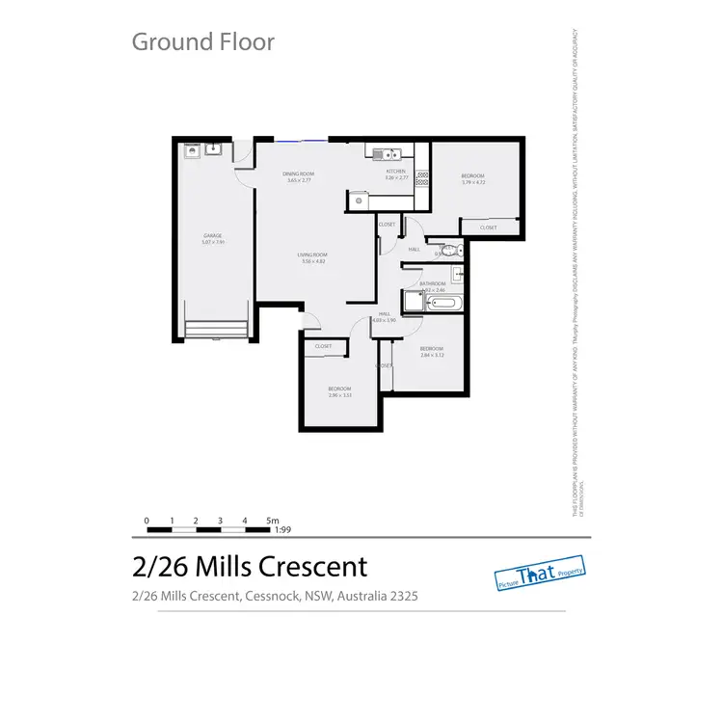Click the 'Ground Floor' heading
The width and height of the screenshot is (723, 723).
(x=202, y=41)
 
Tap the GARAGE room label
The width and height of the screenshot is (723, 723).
(x=213, y=235)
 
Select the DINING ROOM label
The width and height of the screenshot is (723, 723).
(x=298, y=174)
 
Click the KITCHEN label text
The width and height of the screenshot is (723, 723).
(x=397, y=171)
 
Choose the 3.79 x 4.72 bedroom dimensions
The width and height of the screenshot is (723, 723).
(x=472, y=182)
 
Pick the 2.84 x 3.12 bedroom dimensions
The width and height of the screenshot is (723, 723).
(x=431, y=355)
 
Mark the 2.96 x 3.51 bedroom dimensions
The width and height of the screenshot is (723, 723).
(x=339, y=394)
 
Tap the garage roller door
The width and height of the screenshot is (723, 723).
(x=213, y=330)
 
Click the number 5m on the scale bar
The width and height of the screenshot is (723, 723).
(x=272, y=520)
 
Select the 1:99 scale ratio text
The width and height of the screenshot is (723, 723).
(x=283, y=529)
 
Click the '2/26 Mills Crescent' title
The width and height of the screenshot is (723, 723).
(x=249, y=566)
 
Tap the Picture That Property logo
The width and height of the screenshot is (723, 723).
(x=540, y=573)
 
